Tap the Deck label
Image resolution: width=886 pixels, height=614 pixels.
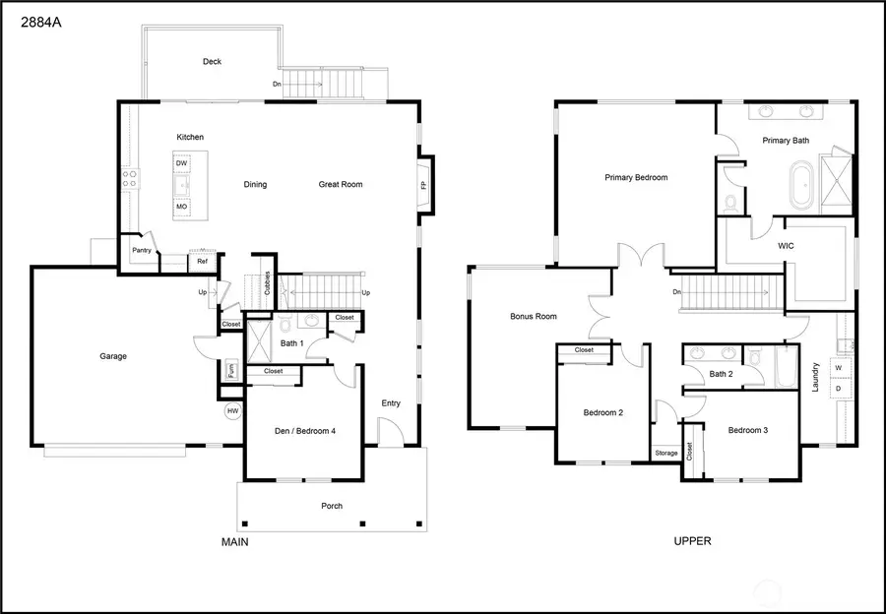[212, 61]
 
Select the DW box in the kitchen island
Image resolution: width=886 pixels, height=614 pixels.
[182, 163]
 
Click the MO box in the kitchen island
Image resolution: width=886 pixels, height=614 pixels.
[181, 208]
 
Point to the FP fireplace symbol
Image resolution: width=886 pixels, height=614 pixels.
[424, 184]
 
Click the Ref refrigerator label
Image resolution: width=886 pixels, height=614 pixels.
[202, 261]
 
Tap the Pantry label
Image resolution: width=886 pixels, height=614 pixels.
[142, 250]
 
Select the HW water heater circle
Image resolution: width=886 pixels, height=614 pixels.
[233, 411]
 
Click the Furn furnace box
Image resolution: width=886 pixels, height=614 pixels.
[232, 371]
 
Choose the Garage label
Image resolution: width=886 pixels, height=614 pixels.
[113, 356]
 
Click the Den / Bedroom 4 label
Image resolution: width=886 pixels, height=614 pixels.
[305, 430]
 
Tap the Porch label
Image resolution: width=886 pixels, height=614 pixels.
[332, 506]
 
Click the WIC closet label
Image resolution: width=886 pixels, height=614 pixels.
[786, 246]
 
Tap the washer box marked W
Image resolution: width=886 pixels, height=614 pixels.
[838, 368]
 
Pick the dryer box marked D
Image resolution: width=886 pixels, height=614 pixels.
[838, 389]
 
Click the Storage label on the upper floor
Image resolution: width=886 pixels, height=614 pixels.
[665, 453]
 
